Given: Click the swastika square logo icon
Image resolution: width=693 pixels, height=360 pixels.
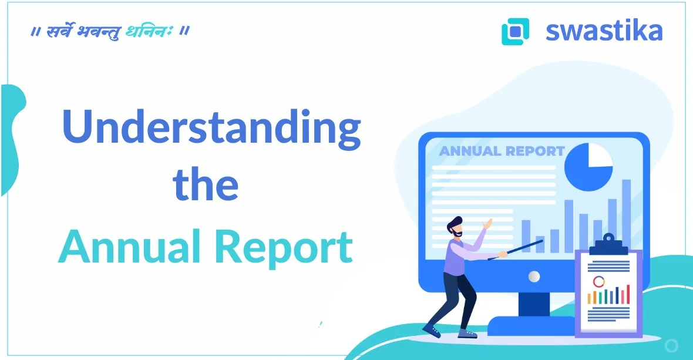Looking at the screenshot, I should click(x=515, y=31).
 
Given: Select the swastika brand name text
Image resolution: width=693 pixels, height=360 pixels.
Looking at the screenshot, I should click(x=604, y=31).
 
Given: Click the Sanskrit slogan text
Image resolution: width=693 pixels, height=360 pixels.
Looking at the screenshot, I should click(x=110, y=31).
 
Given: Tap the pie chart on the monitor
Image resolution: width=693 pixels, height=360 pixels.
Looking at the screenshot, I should click(x=588, y=166).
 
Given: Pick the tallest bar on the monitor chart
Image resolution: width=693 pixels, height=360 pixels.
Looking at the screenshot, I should click(x=626, y=216).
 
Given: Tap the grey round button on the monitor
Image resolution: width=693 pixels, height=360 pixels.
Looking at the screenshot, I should click(x=534, y=276).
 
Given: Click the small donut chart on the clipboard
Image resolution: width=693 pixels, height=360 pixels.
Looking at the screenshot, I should click(x=598, y=282).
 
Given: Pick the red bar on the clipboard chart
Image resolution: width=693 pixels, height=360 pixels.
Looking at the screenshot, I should click(x=627, y=294).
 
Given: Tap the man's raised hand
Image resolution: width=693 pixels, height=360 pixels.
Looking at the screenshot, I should click(x=487, y=224).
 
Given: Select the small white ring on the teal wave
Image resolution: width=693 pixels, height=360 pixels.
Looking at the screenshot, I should click(x=671, y=345).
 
